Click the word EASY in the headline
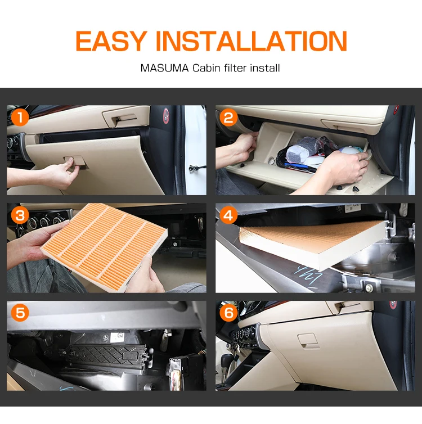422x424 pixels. (110, 41)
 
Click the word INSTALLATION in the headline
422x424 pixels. (251, 41)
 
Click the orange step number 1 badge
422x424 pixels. (20, 118)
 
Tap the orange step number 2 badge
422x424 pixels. (228, 118)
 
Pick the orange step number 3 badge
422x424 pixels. (20, 215)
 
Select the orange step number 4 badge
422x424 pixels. (228, 215)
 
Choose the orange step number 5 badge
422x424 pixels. (20, 313)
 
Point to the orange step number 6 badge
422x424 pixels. (228, 313)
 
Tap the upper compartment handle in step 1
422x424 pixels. (119, 118)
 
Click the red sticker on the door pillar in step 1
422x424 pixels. (167, 116)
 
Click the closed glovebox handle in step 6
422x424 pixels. (308, 340)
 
